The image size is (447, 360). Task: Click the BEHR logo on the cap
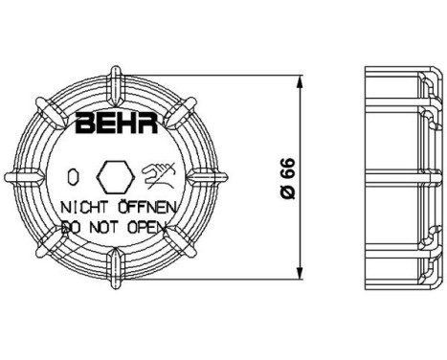(x=113, y=124)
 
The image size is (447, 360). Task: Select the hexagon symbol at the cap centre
(x=116, y=176)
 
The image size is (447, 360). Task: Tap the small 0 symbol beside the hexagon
(x=73, y=177)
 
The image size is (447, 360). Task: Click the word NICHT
(x=84, y=206)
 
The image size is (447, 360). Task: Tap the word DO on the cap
(x=69, y=226)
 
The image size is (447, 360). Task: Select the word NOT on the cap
(x=101, y=226)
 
